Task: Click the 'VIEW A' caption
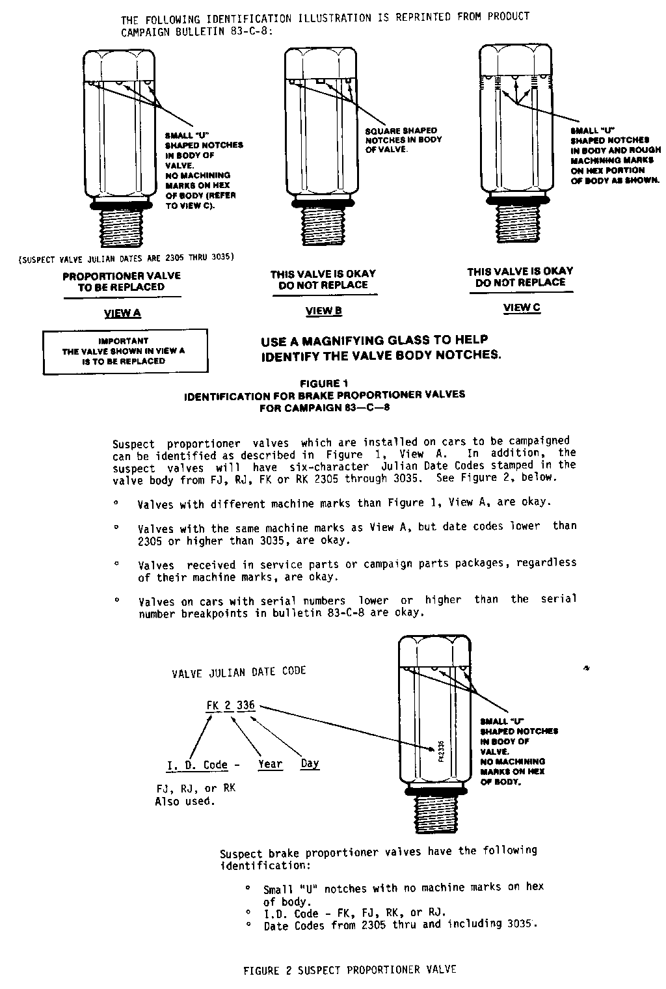click(122, 314)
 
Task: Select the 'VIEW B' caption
click(324, 311)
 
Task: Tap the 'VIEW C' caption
click(522, 308)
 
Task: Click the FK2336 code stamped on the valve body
click(440, 752)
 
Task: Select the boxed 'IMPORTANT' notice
click(125, 351)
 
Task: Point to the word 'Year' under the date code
click(270, 765)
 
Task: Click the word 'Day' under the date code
click(310, 764)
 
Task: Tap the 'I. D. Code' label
click(197, 765)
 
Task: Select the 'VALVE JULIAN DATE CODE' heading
click(239, 671)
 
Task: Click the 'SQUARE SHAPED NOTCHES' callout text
click(403, 140)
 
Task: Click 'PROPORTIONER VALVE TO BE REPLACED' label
click(122, 281)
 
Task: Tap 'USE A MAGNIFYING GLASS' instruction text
click(381, 347)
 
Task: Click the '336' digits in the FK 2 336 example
click(246, 705)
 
